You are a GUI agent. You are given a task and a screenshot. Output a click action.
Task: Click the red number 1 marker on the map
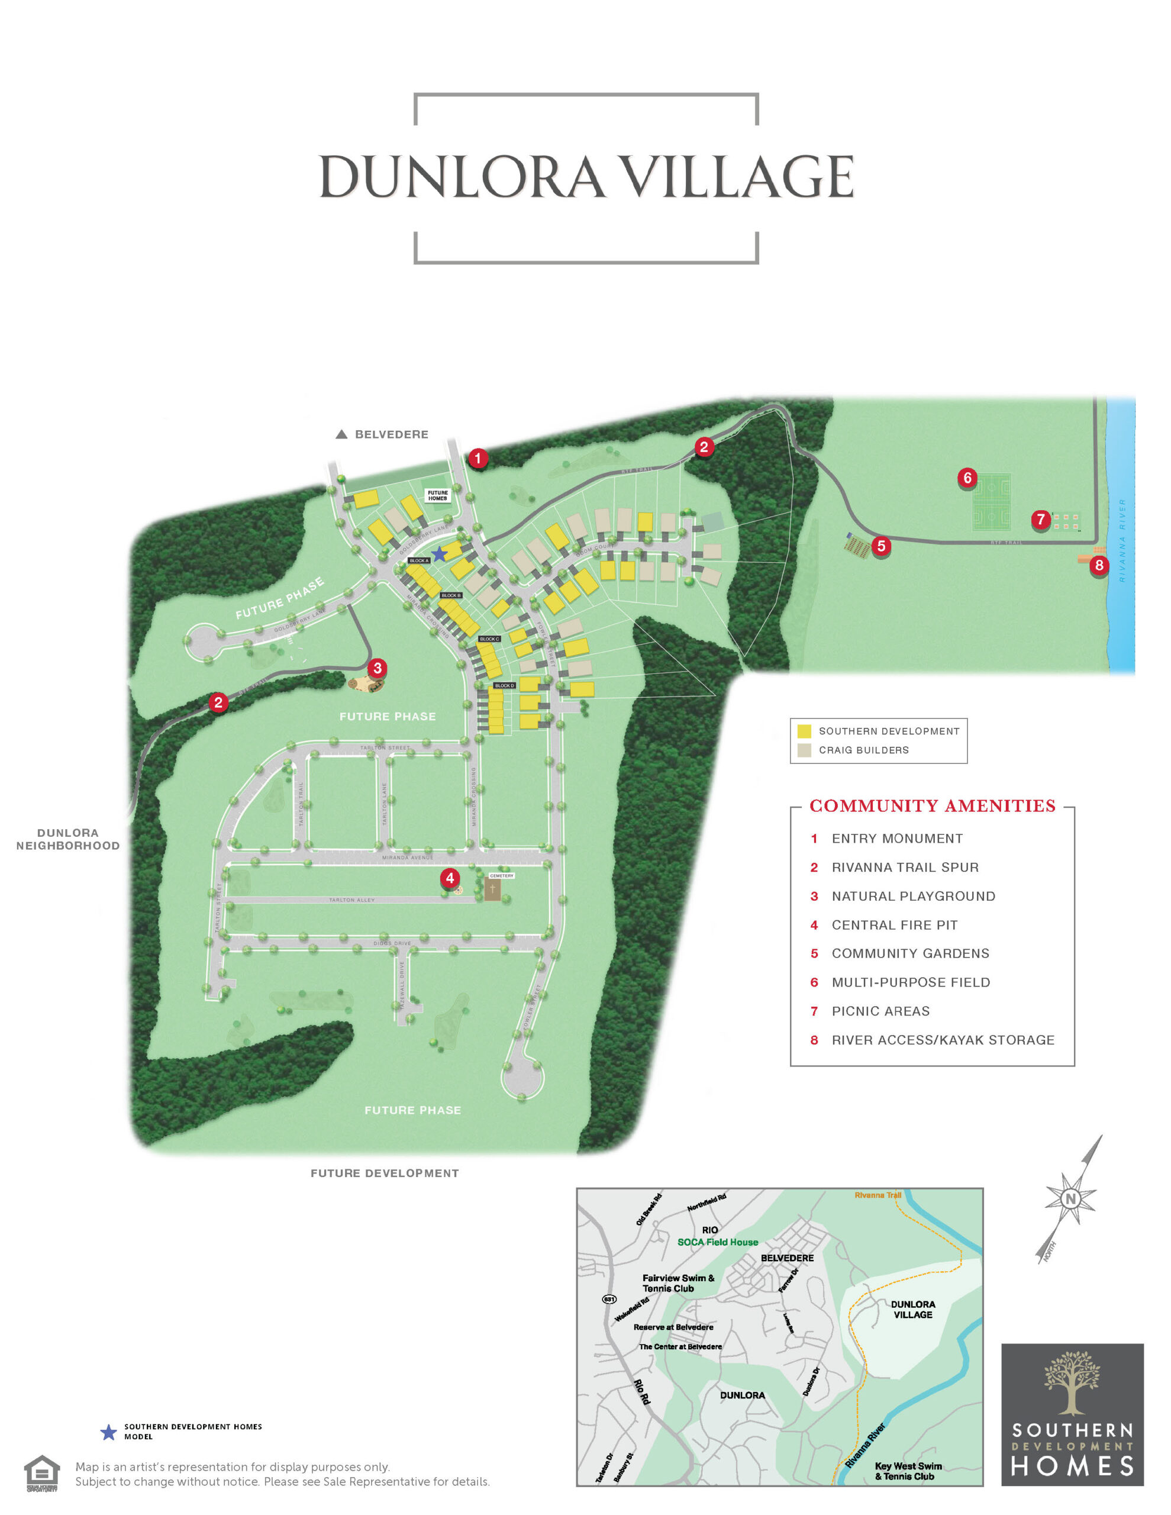(478, 458)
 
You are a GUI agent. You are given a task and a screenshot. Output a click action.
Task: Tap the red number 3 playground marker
(377, 668)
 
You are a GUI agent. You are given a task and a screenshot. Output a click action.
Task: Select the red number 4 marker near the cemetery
(450, 878)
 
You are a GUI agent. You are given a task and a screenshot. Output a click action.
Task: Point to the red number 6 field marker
(967, 477)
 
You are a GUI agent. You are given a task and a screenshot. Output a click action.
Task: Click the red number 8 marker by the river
(1099, 565)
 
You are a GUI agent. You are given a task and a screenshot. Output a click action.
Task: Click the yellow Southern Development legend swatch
(804, 731)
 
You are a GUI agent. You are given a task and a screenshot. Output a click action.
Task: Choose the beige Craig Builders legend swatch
(804, 750)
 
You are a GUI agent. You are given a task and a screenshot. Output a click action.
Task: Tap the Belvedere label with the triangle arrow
(382, 434)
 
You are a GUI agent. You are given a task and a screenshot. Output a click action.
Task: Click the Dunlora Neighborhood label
(68, 839)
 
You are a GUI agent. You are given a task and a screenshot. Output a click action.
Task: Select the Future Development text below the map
(385, 1173)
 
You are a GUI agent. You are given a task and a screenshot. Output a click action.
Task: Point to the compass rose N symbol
(1070, 1198)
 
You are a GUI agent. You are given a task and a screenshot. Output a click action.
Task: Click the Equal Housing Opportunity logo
(41, 1472)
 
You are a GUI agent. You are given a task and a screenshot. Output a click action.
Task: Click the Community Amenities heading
(932, 806)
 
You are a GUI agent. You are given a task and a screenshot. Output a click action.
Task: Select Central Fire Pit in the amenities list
(894, 924)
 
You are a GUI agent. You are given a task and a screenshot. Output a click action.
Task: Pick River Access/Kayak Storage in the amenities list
(943, 1040)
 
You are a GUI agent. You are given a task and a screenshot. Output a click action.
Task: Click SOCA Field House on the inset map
(717, 1242)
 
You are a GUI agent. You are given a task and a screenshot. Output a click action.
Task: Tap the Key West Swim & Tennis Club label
(908, 1471)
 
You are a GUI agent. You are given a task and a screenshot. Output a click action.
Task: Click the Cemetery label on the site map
(502, 875)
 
